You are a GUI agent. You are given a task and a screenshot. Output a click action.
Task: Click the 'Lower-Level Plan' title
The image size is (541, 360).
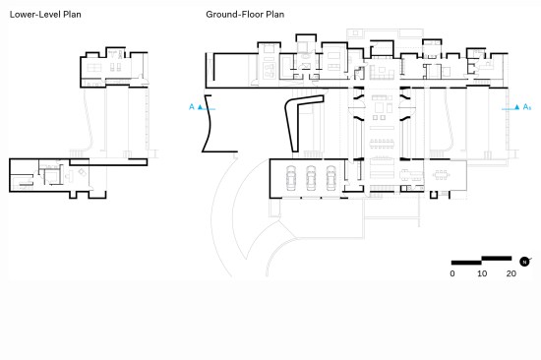45,15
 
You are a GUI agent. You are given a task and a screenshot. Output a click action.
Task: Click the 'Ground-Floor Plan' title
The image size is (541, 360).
245,15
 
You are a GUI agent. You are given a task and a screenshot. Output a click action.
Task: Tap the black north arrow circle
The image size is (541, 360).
524,262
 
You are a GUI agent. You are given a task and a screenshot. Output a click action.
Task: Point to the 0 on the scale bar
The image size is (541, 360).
452,273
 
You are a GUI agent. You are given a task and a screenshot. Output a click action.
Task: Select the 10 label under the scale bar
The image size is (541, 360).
482,273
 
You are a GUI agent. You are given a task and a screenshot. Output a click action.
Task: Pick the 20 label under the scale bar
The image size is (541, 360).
511,273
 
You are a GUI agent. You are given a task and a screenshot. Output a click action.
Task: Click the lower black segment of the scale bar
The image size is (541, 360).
466,263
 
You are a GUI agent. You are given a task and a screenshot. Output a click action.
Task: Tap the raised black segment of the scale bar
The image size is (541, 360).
497,258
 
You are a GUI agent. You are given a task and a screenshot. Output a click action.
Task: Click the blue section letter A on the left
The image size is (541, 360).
192,107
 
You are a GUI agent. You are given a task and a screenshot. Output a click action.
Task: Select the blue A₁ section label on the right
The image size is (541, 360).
527,107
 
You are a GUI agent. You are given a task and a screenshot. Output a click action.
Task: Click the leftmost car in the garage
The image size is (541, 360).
291,178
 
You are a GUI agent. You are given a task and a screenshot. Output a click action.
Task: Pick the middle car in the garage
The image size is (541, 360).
311,178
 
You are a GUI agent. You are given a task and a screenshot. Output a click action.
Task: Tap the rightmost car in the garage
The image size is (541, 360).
331,178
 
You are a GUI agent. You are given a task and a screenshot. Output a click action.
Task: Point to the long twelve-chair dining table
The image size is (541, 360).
382,144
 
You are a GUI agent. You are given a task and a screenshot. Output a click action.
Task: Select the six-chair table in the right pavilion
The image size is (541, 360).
442,175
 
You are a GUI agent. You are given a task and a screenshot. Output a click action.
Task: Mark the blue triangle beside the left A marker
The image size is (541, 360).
200,107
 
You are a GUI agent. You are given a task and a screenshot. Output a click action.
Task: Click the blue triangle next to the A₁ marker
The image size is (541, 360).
516,107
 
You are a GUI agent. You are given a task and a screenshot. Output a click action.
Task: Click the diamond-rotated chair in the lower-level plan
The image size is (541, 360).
83,172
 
